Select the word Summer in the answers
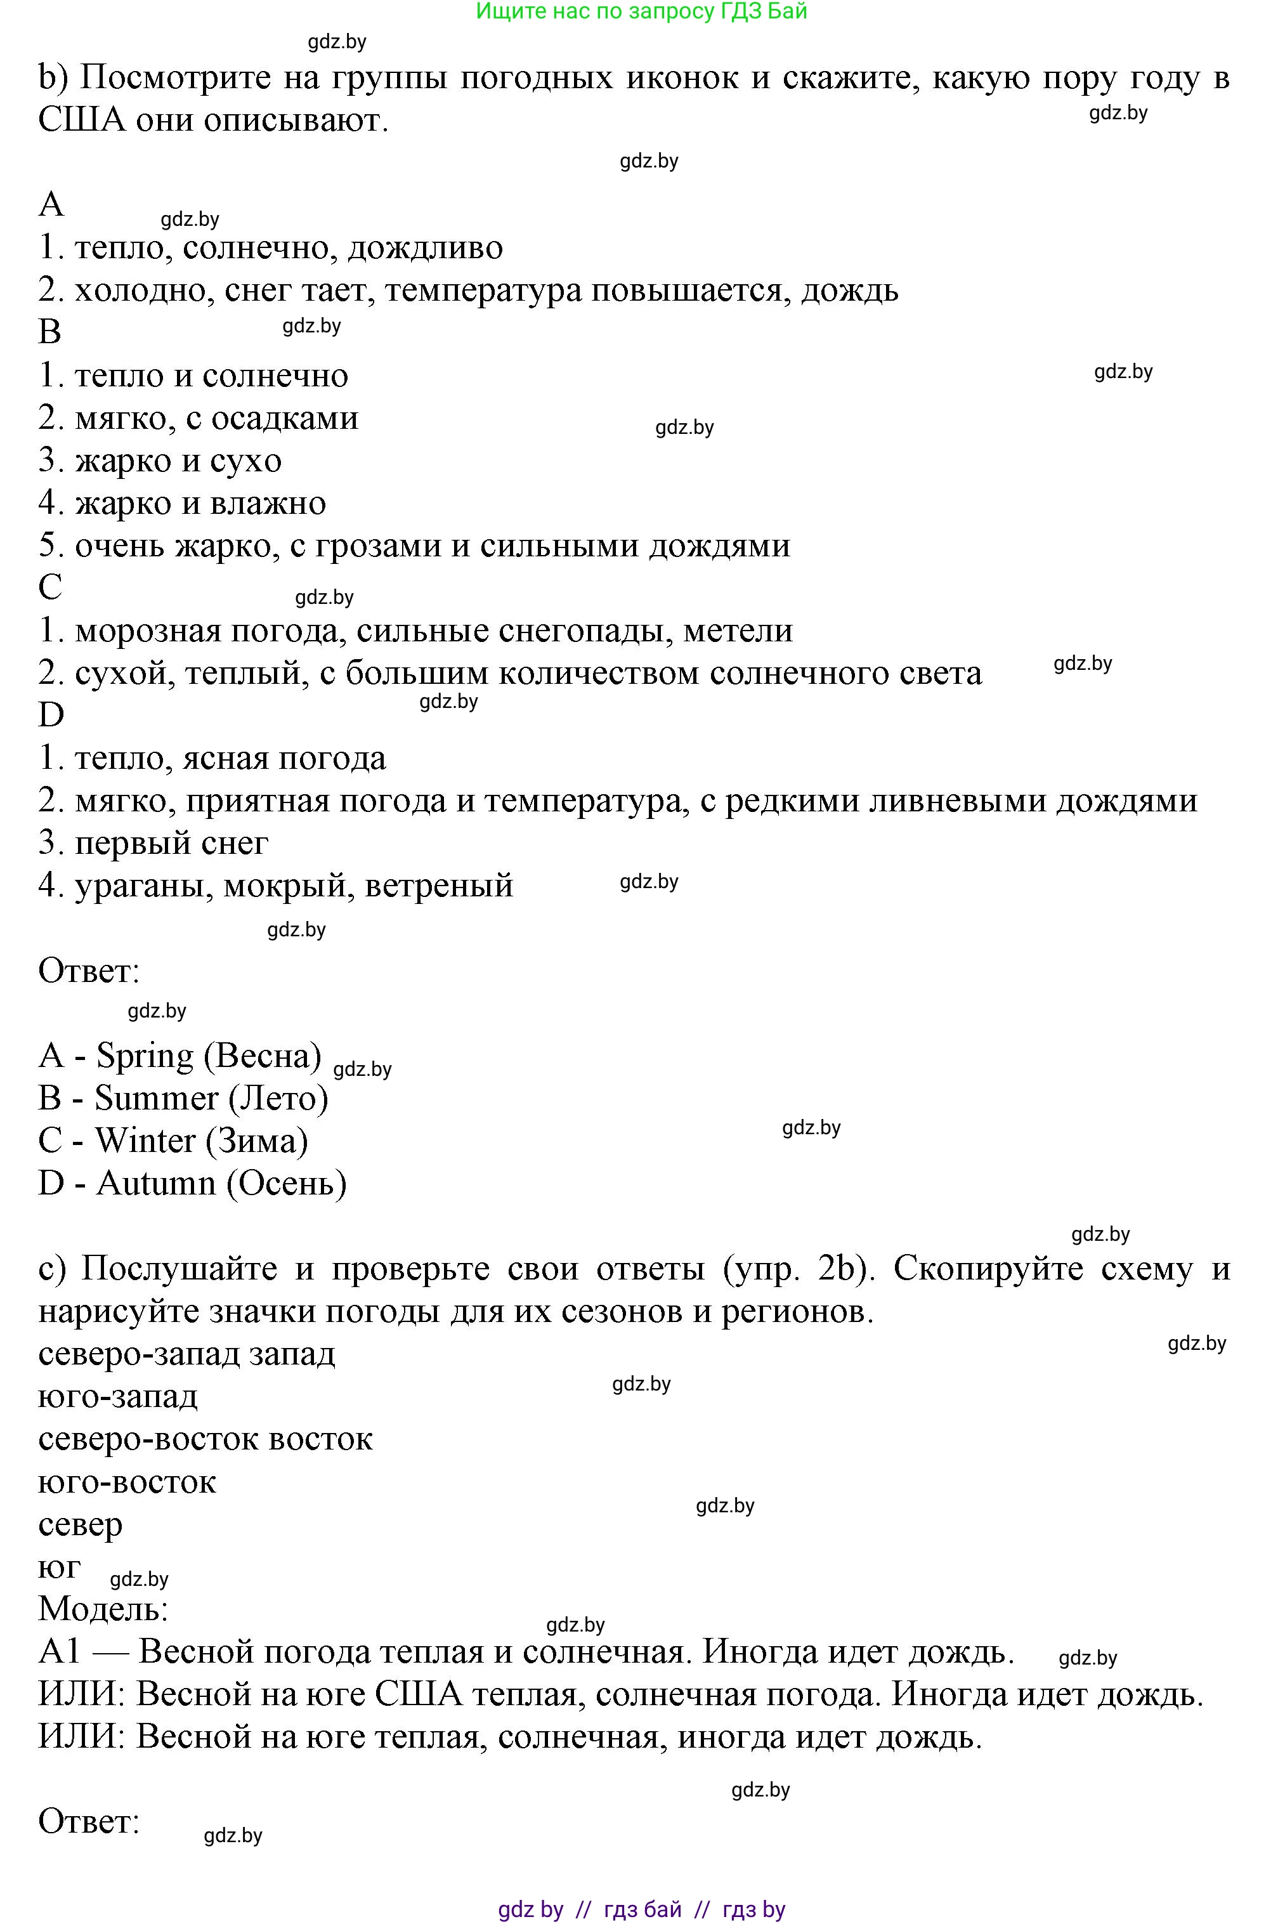[x=155, y=1098]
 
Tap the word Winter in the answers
[x=144, y=1141]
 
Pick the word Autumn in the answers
[x=155, y=1183]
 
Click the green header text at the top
[x=642, y=11]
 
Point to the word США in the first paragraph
[x=82, y=121]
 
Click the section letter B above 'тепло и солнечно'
[x=50, y=332]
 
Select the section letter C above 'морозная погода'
[x=50, y=587]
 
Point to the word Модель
[x=103, y=1609]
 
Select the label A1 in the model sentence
[x=59, y=1652]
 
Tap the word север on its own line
[x=81, y=1524]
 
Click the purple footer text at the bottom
[x=642, y=1909]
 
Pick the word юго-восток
[x=127, y=1481]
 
